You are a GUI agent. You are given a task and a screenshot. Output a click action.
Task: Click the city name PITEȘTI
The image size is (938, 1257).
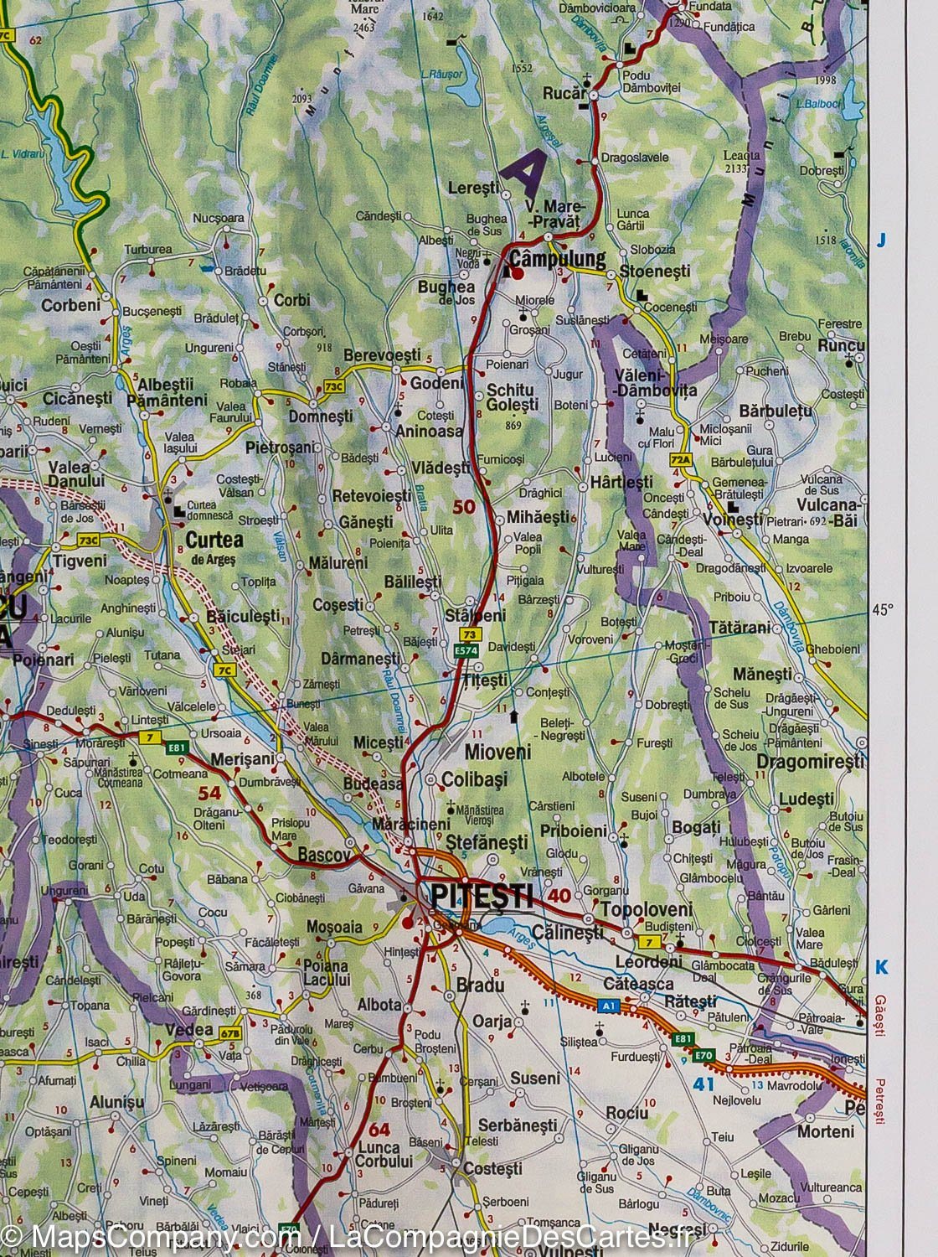481,896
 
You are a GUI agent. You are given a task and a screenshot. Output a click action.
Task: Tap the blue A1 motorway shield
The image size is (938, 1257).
608,1003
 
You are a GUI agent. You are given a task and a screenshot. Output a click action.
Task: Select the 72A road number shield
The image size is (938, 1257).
682,460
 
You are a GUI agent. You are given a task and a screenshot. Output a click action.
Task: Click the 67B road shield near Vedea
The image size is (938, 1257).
231,1032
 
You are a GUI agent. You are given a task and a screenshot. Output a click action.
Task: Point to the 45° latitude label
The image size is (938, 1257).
884,610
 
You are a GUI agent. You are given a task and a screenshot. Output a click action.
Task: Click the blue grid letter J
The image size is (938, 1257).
880,241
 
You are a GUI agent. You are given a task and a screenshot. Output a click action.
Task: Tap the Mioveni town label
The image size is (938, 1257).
497,752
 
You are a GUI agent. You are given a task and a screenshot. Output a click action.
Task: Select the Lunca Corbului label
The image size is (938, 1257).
384,1155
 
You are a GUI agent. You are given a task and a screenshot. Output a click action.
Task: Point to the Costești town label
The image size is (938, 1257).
492,1168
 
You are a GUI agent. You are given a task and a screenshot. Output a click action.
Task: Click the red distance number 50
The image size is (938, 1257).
463,506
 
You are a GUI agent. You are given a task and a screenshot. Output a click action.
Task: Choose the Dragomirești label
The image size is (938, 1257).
810,762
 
